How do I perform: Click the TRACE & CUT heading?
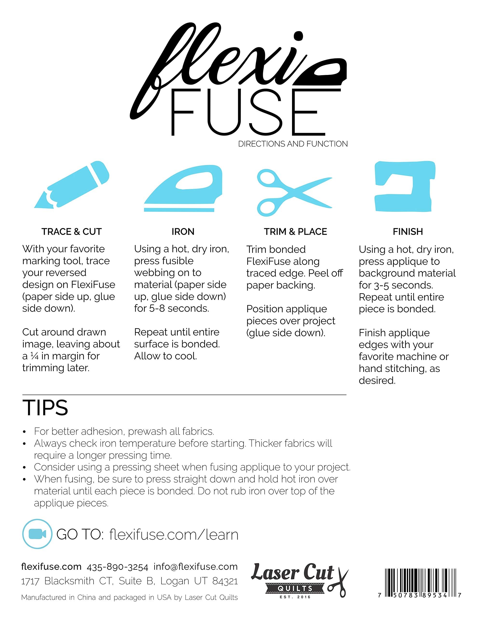72,232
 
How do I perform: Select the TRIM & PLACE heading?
295,232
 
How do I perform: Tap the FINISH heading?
408,232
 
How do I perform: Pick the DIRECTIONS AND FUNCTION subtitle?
293,144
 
